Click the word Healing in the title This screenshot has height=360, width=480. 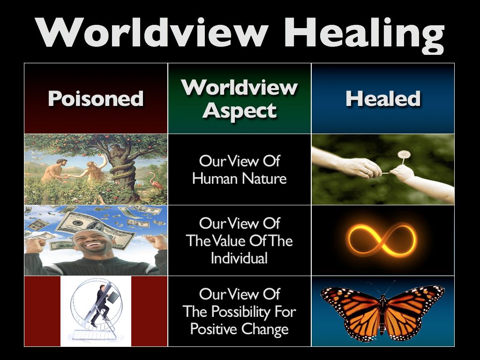tap(364, 35)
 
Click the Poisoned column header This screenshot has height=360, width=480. tap(96, 98)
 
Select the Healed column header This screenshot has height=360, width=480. tap(383, 98)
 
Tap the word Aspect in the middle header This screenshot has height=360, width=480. tap(240, 111)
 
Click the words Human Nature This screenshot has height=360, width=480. tap(240, 178)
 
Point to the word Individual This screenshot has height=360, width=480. tap(240, 258)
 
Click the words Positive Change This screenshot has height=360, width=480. tap(240, 329)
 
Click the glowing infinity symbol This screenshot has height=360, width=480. tap(382, 240)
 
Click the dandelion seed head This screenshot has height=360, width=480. tap(404, 155)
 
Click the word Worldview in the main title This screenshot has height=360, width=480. tap(151, 32)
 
